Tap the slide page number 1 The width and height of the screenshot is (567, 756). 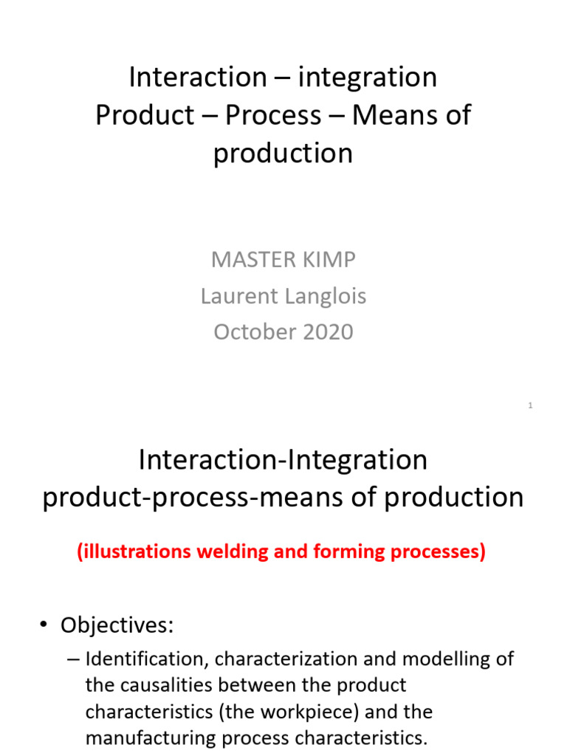coord(530,405)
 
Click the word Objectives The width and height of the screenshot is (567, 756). coord(117,625)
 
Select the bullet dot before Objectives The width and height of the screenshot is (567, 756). coord(44,625)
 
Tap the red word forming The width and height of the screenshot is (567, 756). coord(349,551)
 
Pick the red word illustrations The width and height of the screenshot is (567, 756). coord(134,551)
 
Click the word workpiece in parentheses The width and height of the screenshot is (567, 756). coord(290,712)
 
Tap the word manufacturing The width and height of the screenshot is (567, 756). coord(150,738)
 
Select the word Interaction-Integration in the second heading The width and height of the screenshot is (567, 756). coord(283,460)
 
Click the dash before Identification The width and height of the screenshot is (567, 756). coord(73,659)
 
